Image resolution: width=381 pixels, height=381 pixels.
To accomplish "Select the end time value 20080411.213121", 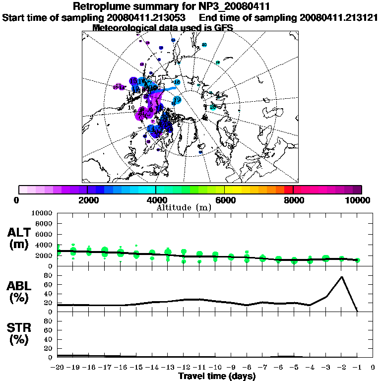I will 339,17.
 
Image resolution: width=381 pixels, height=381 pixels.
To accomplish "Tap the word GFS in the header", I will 223,27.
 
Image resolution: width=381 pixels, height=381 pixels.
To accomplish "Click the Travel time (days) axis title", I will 217,377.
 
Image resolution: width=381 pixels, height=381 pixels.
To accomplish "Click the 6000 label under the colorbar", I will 225,200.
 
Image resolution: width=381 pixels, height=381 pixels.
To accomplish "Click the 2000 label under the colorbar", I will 87,200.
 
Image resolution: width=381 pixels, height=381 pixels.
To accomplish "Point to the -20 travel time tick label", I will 58,367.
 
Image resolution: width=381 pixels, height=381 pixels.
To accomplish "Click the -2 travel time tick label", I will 341,367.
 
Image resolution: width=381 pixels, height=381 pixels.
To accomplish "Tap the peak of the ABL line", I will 342,277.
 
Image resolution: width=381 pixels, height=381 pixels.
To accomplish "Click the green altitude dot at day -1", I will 357,260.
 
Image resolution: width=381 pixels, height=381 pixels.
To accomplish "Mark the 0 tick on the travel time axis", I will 373,367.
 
